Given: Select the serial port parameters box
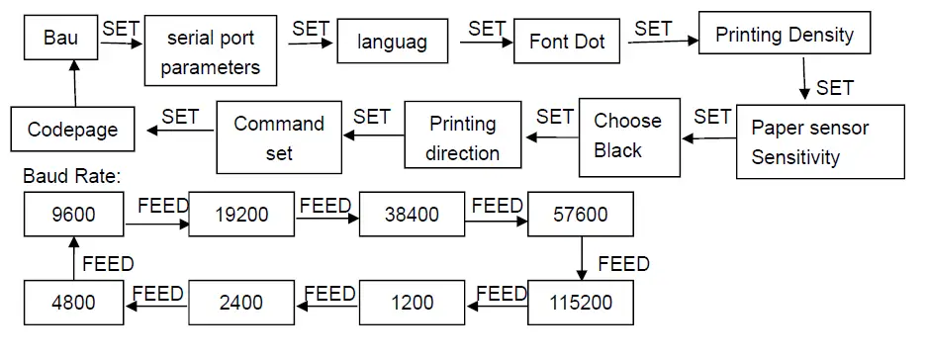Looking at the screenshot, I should click(x=209, y=52).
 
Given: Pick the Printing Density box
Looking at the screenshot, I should click(x=785, y=35).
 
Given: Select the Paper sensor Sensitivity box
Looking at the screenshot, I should click(x=820, y=142).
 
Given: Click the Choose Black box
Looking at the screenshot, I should click(x=628, y=135).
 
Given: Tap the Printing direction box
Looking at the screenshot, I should click(x=462, y=137).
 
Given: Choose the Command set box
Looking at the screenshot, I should click(x=279, y=137).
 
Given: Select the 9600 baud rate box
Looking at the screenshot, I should click(x=74, y=213).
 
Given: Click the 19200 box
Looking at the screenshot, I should click(x=241, y=214).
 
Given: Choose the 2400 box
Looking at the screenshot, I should click(x=241, y=302).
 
